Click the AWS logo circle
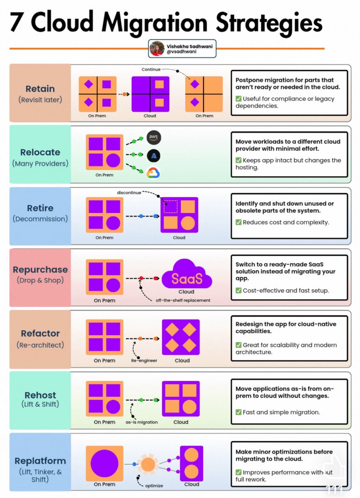[154, 137]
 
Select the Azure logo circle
[154, 156]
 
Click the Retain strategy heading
[40, 88]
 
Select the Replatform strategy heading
[41, 461]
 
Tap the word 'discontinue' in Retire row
[129, 193]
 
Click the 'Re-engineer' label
[144, 360]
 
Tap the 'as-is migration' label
[142, 422]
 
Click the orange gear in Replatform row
[148, 464]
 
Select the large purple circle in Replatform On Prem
[104, 464]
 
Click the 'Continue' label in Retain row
[150, 70]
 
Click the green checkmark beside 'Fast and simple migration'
[238, 413]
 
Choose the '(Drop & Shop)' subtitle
[40, 280]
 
